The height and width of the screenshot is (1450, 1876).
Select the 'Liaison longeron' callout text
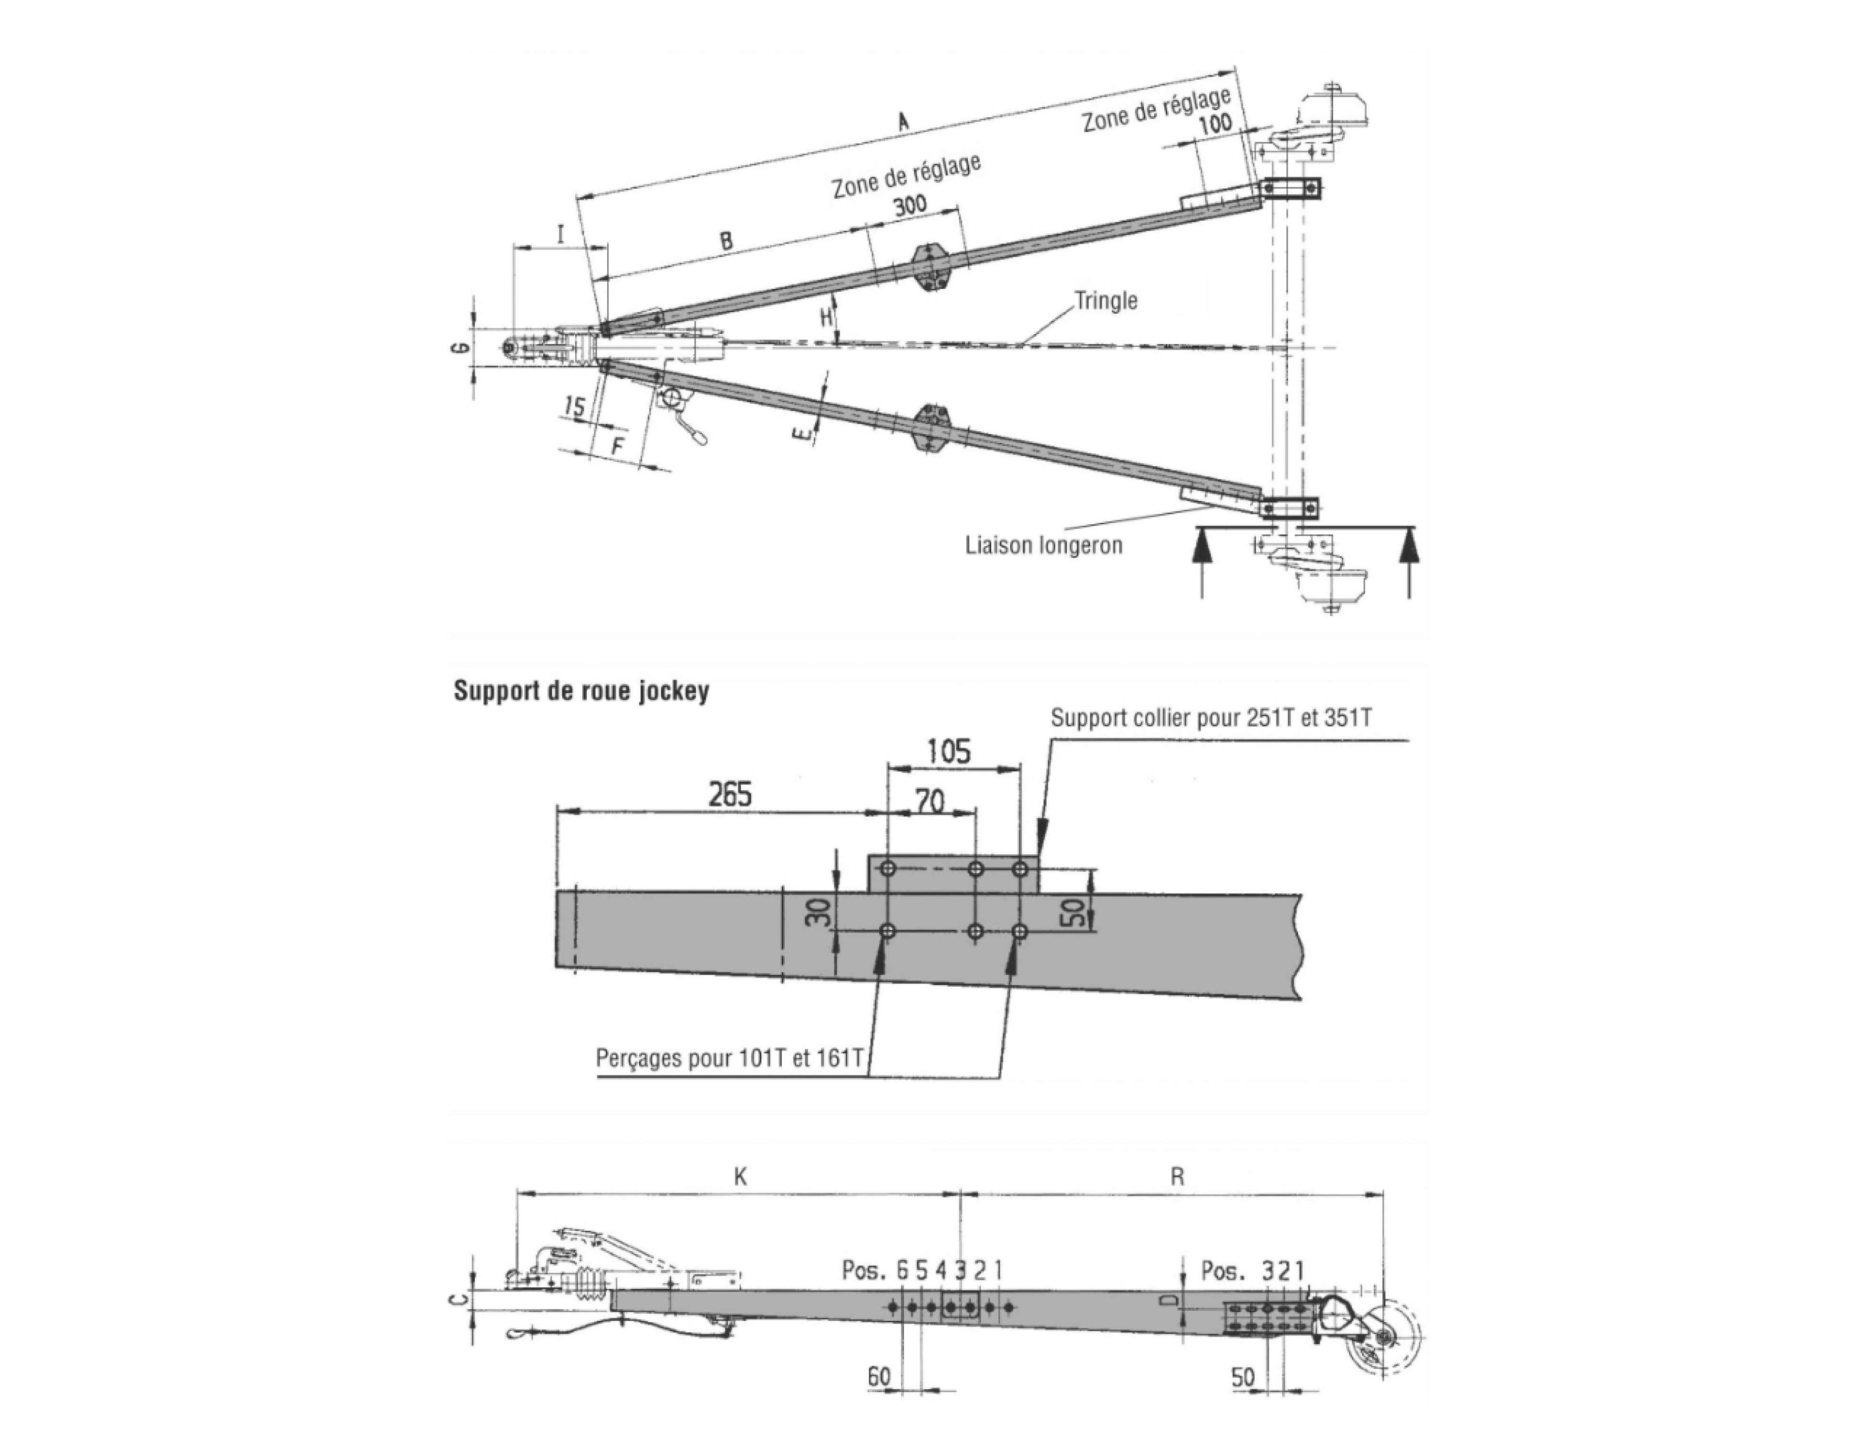(1044, 546)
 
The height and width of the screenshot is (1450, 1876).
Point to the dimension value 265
(730, 794)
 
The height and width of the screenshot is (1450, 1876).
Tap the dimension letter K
(740, 1177)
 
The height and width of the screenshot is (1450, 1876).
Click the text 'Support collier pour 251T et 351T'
(1211, 718)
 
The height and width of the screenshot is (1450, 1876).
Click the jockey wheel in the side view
(1385, 1340)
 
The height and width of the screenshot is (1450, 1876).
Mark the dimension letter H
(826, 317)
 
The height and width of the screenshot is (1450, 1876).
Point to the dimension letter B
(726, 240)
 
